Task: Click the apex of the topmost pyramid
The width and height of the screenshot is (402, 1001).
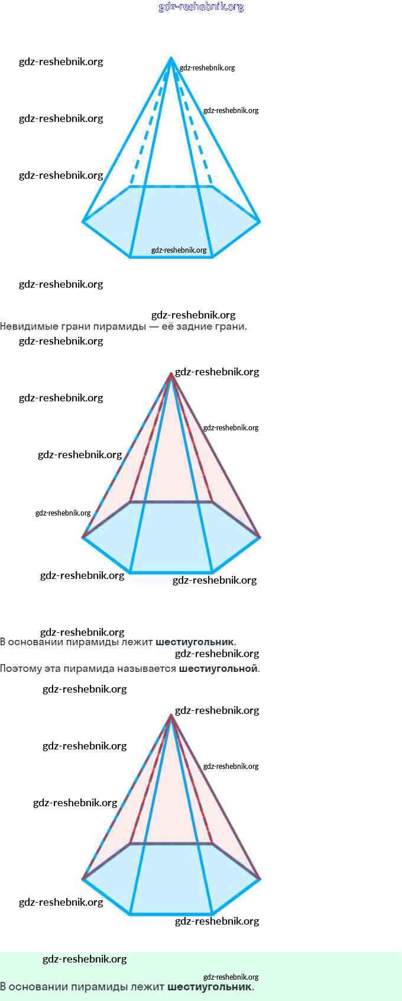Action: pyautogui.click(x=171, y=58)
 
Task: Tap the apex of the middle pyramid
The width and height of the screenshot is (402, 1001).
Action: pyautogui.click(x=171, y=374)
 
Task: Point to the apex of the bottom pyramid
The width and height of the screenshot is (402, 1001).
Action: pyautogui.click(x=171, y=716)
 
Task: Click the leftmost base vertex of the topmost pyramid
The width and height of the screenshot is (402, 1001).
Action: pyautogui.click(x=83, y=221)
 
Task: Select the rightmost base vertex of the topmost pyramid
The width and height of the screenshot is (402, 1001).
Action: pyautogui.click(x=260, y=221)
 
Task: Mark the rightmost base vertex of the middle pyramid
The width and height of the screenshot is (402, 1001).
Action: pyautogui.click(x=260, y=537)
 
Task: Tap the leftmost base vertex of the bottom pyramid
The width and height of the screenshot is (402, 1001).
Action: pyautogui.click(x=83, y=879)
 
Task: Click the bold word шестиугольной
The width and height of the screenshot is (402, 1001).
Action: pyautogui.click(x=218, y=669)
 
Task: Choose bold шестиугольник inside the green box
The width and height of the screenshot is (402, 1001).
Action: pyautogui.click(x=210, y=987)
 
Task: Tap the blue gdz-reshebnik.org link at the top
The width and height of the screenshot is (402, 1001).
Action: pyautogui.click(x=201, y=7)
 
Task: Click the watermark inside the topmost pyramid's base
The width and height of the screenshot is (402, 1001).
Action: pyautogui.click(x=179, y=250)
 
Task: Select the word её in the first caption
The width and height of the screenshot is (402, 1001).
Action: pyautogui.click(x=167, y=326)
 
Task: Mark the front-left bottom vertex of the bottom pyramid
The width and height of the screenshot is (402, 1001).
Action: pyautogui.click(x=131, y=914)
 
